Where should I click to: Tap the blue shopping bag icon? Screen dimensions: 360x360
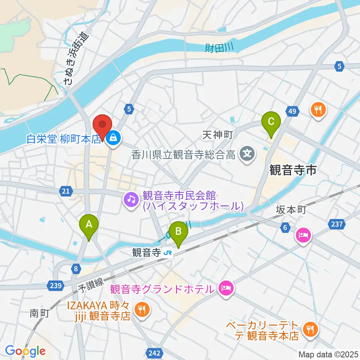pos(112,138)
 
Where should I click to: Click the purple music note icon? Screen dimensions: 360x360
pos(131,199)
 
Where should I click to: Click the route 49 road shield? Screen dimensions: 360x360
pos(292,111)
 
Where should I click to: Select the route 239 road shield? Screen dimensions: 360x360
pos(55,286)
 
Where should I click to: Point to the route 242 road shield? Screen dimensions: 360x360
pos(154,353)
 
